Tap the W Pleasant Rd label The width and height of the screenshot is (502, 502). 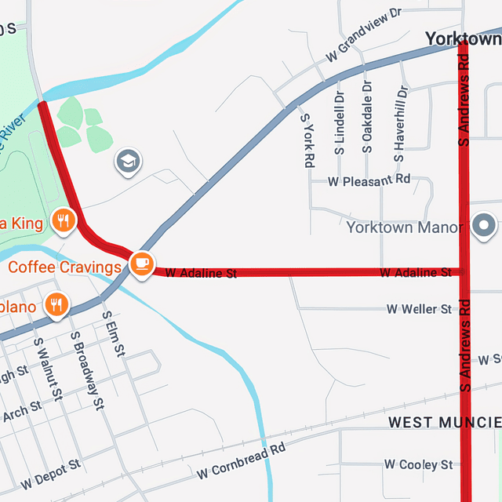369,180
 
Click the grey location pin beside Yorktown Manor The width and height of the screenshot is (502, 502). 485,227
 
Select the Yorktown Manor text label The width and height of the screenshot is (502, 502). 405,228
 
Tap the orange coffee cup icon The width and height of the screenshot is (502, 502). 141,263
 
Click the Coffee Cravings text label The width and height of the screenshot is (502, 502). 64,267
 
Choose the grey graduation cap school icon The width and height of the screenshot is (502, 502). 128,162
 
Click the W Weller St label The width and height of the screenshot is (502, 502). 419,309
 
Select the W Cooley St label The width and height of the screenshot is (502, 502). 418,464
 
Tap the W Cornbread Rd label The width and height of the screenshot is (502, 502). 242,462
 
